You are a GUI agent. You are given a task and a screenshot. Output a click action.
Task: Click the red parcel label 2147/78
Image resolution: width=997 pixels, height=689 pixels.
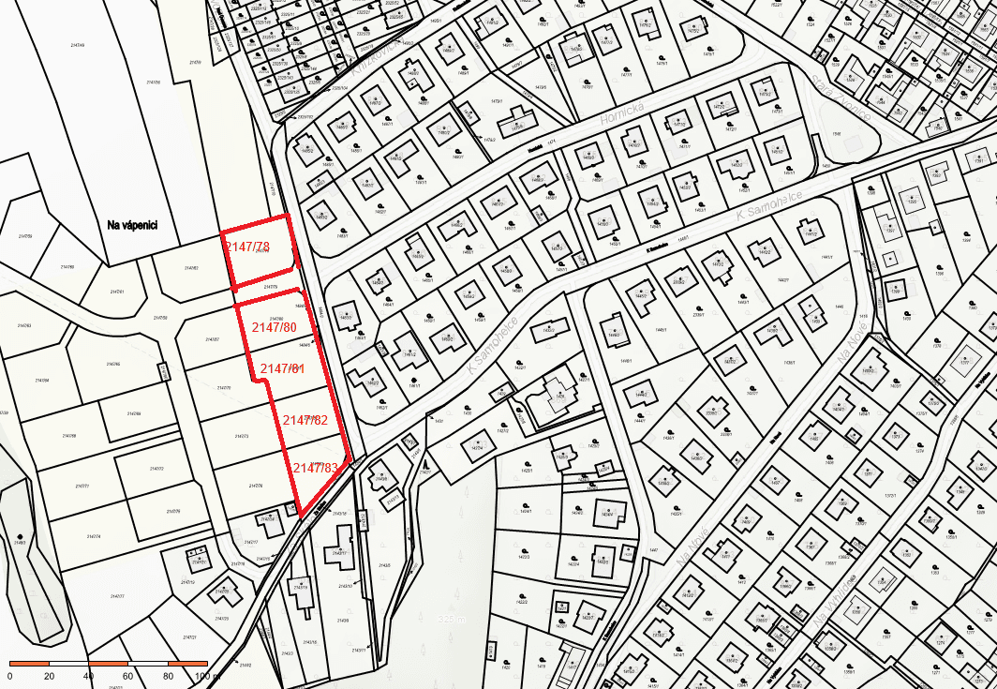pyautogui.click(x=247, y=247)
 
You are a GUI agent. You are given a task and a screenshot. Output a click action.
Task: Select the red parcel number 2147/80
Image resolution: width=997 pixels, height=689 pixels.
pyautogui.click(x=274, y=327)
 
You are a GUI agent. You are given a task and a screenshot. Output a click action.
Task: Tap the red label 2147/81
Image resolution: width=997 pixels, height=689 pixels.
pyautogui.click(x=282, y=368)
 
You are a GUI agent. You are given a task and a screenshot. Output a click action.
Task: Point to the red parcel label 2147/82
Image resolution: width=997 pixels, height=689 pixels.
pyautogui.click(x=305, y=420)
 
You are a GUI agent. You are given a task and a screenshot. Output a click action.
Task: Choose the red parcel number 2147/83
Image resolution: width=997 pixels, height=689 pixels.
pyautogui.click(x=316, y=467)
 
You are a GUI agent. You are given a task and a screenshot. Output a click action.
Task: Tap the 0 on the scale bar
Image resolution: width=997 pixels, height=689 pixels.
pyautogui.click(x=10, y=676)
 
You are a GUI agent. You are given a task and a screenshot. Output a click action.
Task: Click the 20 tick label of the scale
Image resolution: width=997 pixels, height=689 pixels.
pyautogui.click(x=50, y=676)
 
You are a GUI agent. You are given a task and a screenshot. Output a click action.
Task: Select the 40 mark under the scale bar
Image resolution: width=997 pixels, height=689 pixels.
pyautogui.click(x=89, y=676)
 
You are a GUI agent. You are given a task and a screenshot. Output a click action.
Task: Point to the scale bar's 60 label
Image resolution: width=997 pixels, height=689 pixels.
pyautogui.click(x=128, y=676)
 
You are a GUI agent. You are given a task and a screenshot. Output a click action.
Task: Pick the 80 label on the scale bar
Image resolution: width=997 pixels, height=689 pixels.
pyautogui.click(x=168, y=676)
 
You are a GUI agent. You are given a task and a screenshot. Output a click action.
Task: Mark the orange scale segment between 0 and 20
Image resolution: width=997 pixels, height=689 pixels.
pyautogui.click(x=30, y=664)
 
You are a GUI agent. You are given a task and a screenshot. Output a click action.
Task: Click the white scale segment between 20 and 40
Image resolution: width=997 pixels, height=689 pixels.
pyautogui.click(x=69, y=664)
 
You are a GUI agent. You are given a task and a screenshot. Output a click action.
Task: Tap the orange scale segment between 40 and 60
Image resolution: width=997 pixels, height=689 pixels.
pyautogui.click(x=109, y=664)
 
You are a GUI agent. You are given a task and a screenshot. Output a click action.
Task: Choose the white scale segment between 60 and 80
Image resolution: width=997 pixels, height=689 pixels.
pyautogui.click(x=148, y=664)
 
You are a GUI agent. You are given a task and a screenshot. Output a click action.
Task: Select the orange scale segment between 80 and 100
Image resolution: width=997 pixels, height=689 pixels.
pyautogui.click(x=187, y=664)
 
